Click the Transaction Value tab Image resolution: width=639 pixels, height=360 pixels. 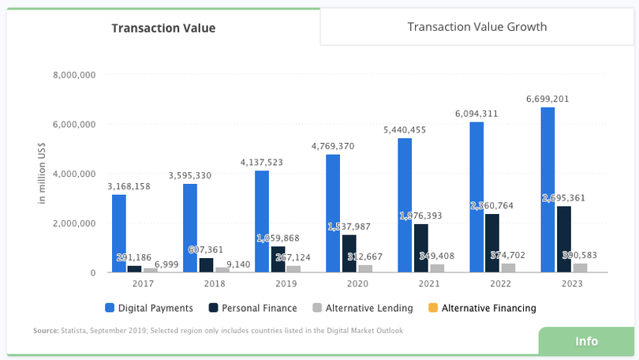(x=163, y=28)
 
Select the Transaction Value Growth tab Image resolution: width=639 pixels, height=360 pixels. (x=476, y=27)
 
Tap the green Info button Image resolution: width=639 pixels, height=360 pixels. (x=586, y=341)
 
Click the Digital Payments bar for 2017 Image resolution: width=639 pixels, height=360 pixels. (x=119, y=233)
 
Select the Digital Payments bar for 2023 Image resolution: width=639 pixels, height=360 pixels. (x=547, y=189)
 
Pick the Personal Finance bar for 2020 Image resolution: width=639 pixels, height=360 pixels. (x=349, y=253)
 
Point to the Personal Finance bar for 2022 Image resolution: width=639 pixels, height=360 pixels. (x=491, y=242)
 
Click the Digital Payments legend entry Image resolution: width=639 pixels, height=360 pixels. (x=149, y=308)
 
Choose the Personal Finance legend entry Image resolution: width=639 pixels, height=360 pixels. (x=252, y=308)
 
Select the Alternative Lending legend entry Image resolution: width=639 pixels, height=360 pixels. (x=363, y=308)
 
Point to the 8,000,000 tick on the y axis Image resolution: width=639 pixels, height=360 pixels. (x=74, y=75)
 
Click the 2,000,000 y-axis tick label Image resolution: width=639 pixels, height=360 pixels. (x=74, y=223)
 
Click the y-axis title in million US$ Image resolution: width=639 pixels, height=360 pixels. (x=43, y=174)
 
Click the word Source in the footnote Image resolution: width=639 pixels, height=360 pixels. (x=46, y=331)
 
